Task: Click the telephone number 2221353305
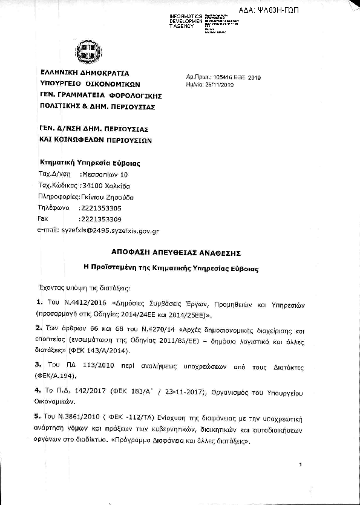click(100, 207)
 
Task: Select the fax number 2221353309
click(100, 218)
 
